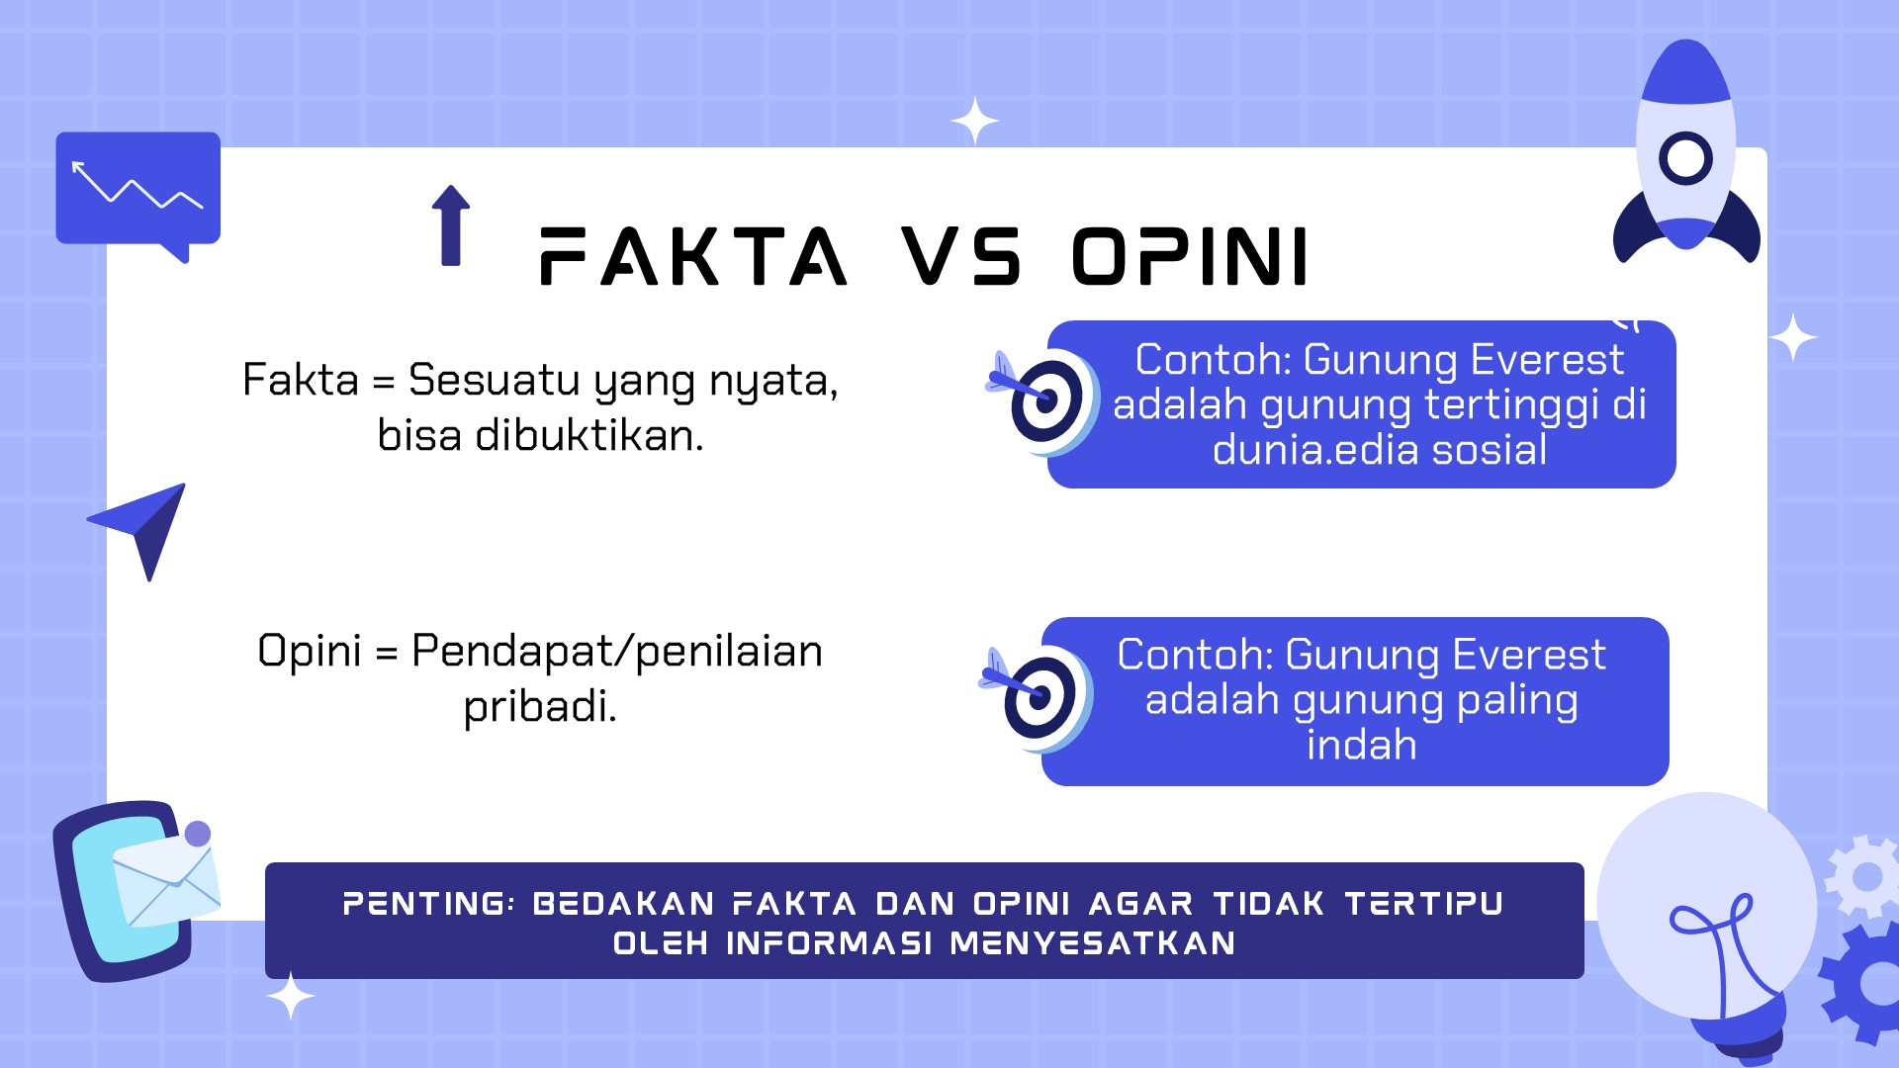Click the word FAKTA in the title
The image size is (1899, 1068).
[x=693, y=256]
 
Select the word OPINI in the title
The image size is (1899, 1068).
[x=1191, y=256]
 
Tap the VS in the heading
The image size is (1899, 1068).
[x=960, y=256]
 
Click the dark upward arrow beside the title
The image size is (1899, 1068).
[x=451, y=225]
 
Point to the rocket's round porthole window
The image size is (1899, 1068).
[x=1685, y=158]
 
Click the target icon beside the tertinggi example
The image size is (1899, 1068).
[x=1041, y=400]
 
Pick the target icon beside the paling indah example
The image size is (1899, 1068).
[x=1036, y=696]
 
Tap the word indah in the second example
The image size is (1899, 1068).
[x=1362, y=745]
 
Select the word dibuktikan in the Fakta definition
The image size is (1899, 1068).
[x=589, y=435]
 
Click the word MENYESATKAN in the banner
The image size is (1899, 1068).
[x=1093, y=943]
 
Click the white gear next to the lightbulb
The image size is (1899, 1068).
[x=1864, y=876]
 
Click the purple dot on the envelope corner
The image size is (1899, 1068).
[x=198, y=834]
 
